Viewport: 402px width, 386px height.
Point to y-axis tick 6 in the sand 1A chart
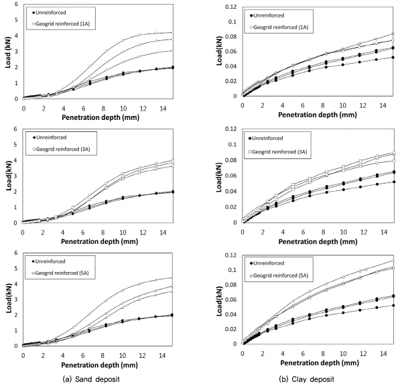[17, 5]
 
